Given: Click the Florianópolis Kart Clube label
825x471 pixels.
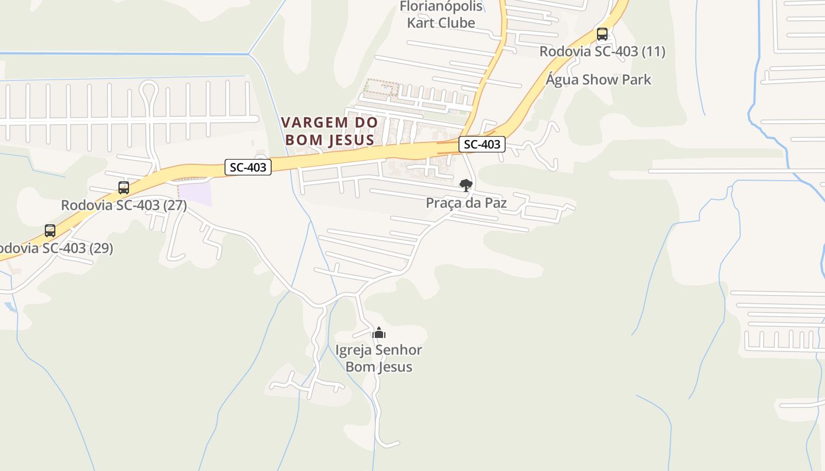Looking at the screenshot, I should point(441,15).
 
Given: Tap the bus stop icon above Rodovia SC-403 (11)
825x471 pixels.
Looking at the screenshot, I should point(602,34).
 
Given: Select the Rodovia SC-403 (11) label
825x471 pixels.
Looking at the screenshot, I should point(602,52).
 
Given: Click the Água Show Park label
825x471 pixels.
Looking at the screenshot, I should point(598,79).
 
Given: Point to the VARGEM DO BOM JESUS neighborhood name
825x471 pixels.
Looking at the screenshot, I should point(329,131).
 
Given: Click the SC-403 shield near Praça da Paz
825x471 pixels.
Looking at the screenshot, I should point(481,144).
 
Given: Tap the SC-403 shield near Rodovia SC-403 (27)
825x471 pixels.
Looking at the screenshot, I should point(247,167).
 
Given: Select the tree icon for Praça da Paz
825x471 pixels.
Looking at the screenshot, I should point(466,185).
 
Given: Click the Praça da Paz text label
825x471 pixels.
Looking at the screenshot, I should point(466,203).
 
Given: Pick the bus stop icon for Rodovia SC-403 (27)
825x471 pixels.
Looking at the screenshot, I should point(124,188).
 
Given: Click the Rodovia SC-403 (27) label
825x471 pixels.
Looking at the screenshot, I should point(124,205).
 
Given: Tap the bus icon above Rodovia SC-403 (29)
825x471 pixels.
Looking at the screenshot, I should point(50,231).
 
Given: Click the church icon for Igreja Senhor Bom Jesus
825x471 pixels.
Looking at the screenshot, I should point(379,333).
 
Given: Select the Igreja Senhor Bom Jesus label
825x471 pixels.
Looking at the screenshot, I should point(379,359).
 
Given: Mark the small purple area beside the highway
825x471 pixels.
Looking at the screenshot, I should point(195,194).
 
